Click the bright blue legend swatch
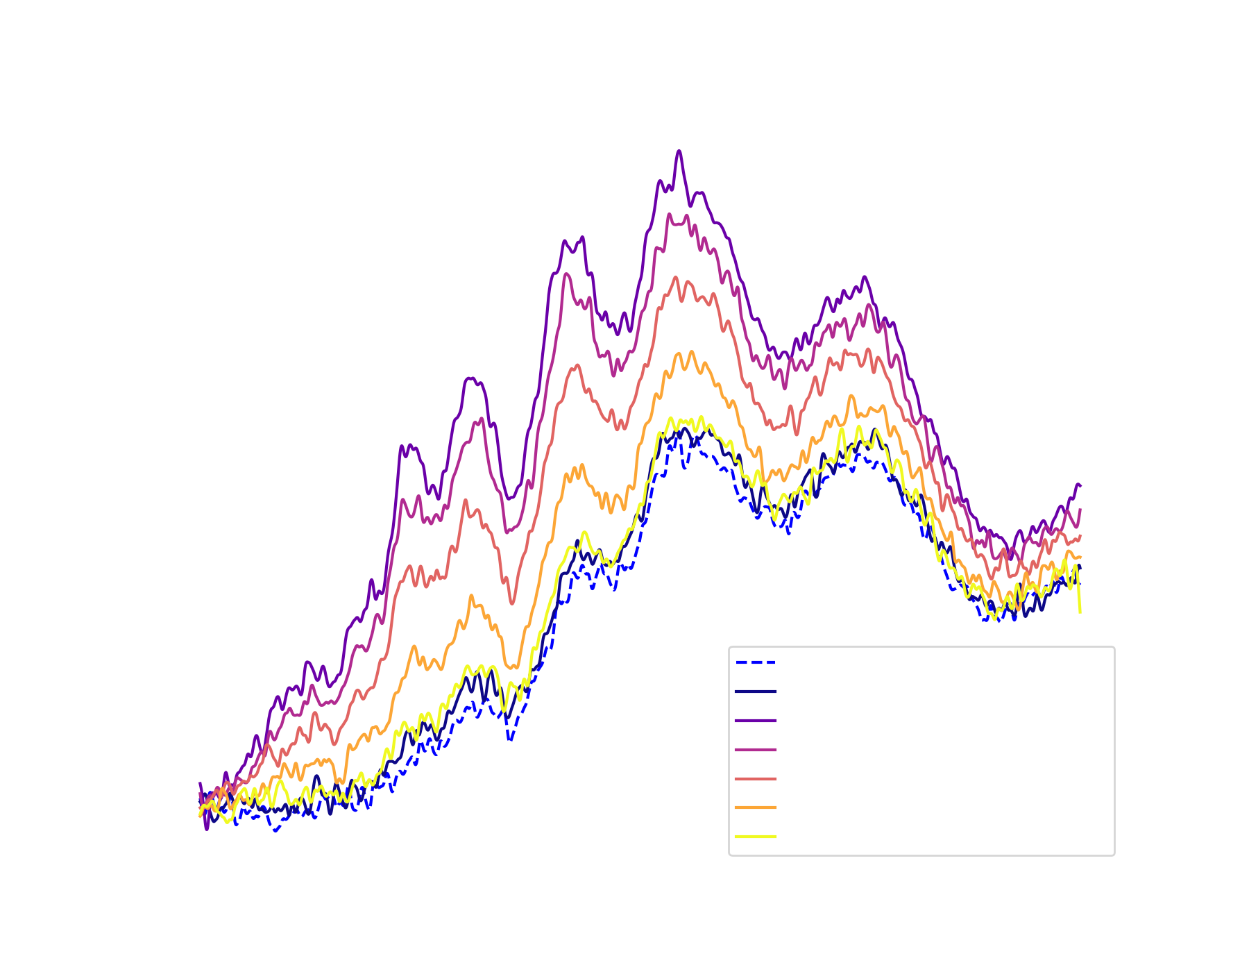point(763,674)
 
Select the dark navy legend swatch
point(763,704)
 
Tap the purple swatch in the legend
point(763,723)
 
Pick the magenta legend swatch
point(763,752)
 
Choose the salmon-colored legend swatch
point(763,781)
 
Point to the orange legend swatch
point(763,810)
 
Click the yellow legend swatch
point(763,839)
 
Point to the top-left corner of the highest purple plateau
point(679,151)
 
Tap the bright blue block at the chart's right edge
point(1102,614)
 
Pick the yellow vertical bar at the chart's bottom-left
point(226,830)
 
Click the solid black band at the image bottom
point(624,953)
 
